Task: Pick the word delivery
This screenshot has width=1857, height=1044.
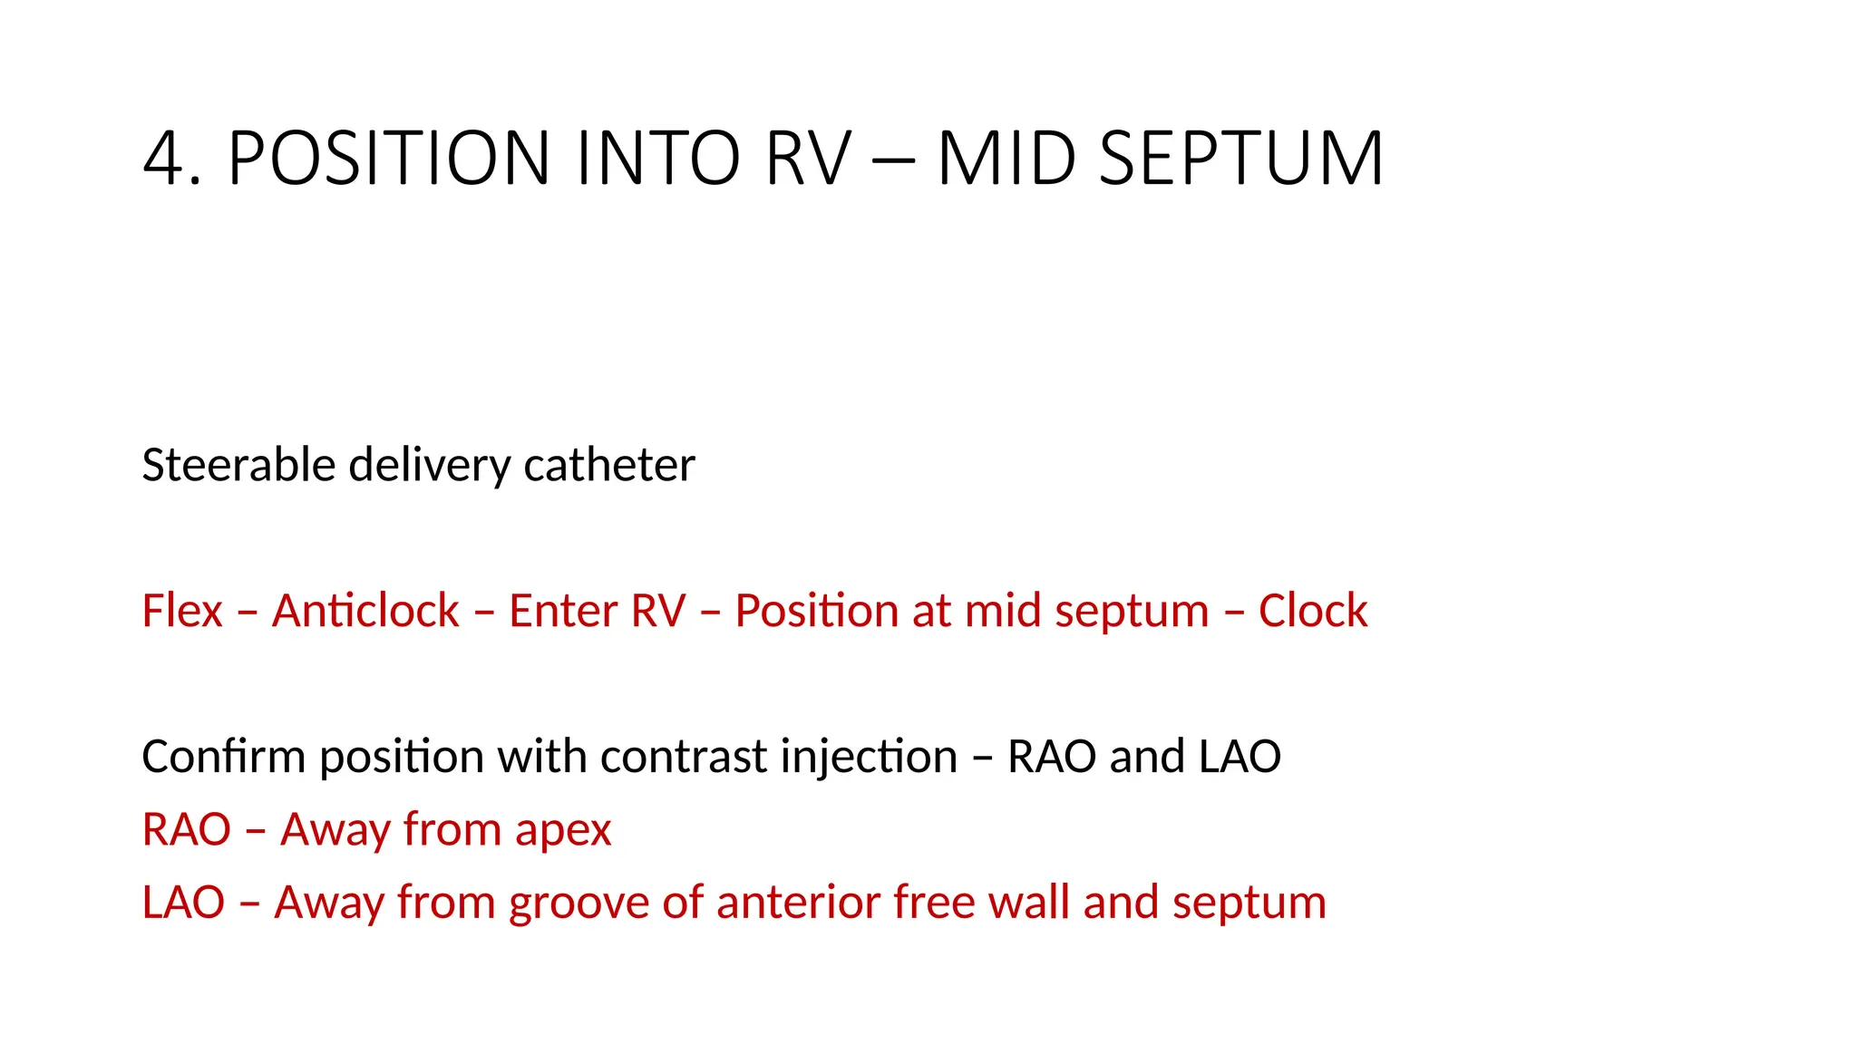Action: (430, 465)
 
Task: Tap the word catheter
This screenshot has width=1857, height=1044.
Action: (608, 465)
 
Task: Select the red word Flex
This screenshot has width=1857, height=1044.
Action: (182, 610)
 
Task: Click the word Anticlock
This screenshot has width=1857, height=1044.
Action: (365, 610)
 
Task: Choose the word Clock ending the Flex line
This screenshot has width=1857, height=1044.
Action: (1312, 610)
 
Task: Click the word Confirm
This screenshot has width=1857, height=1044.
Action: (223, 756)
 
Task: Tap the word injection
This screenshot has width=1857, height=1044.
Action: (869, 758)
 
